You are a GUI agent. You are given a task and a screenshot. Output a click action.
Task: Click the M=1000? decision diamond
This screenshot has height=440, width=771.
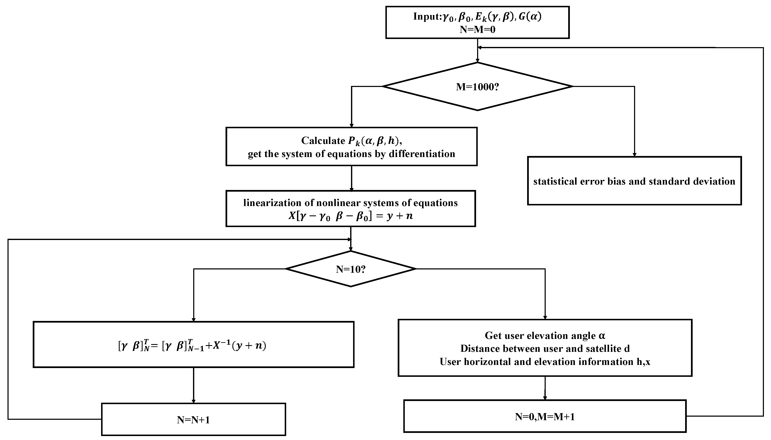(x=477, y=87)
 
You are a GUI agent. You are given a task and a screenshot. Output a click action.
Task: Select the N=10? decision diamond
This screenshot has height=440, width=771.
(x=351, y=269)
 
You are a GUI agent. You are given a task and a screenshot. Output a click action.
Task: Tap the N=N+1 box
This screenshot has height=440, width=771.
(x=193, y=419)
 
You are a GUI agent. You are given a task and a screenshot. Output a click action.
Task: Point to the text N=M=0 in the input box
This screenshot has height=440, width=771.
(x=478, y=30)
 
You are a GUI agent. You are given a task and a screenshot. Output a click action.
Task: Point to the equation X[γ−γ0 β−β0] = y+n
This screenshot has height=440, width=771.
(x=351, y=216)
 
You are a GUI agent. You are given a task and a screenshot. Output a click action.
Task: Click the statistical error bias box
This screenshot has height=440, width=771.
(x=634, y=181)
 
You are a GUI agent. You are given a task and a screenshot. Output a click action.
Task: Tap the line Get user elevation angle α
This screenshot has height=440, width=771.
(x=545, y=336)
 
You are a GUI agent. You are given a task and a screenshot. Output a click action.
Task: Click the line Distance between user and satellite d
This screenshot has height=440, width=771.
(x=545, y=348)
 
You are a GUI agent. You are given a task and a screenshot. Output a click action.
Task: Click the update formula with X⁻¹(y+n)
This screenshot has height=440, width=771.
(x=193, y=345)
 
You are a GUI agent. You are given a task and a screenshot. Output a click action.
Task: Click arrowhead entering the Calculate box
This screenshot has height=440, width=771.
(x=351, y=125)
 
